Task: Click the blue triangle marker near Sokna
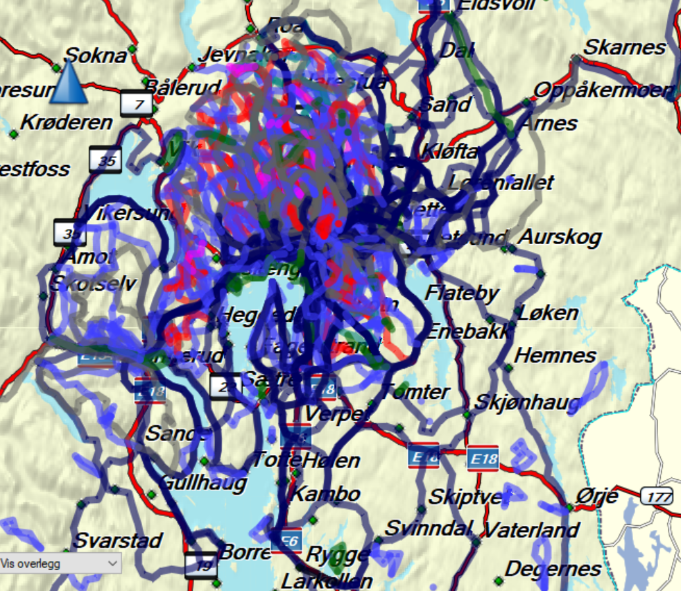pyautogui.click(x=69, y=83)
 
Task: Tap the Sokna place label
pyautogui.click(x=96, y=55)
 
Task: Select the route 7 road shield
pyautogui.click(x=137, y=104)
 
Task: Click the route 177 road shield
pyautogui.click(x=656, y=496)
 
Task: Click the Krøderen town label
pyautogui.click(x=67, y=123)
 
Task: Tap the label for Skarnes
pyautogui.click(x=625, y=47)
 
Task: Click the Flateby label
pyautogui.click(x=462, y=293)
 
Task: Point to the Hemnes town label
pyautogui.click(x=555, y=356)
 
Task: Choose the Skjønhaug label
pyautogui.click(x=527, y=402)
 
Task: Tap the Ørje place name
pyautogui.click(x=596, y=497)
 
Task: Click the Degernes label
pyautogui.click(x=553, y=569)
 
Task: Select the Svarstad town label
pyautogui.click(x=118, y=540)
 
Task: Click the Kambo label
pyautogui.click(x=325, y=494)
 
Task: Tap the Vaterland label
pyautogui.click(x=531, y=531)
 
